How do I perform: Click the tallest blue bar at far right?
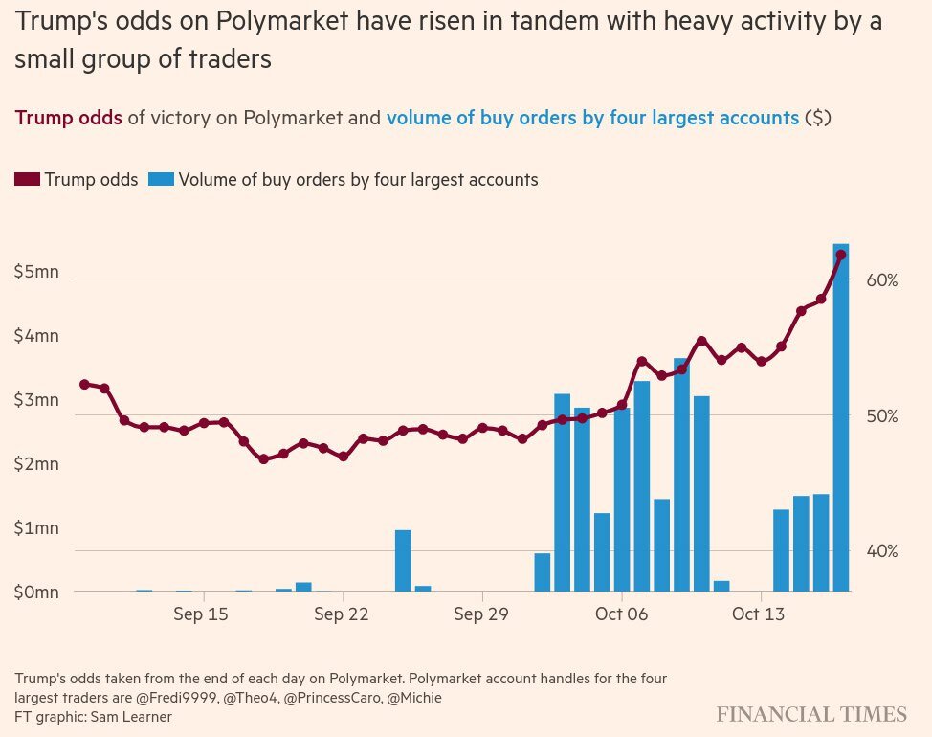pyautogui.click(x=841, y=421)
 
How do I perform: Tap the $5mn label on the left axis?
pyautogui.click(x=37, y=272)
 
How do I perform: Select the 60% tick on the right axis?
pyautogui.click(x=881, y=280)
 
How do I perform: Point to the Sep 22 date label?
pyautogui.click(x=342, y=614)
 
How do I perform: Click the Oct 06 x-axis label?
pyautogui.click(x=621, y=614)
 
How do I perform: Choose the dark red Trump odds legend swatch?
pyautogui.click(x=28, y=180)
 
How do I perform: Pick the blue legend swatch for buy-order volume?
pyautogui.click(x=161, y=180)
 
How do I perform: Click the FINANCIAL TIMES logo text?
pyautogui.click(x=811, y=714)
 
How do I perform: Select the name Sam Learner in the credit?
pyautogui.click(x=133, y=716)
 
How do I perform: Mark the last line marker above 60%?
pyautogui.click(x=841, y=255)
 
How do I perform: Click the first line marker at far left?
pyautogui.click(x=84, y=384)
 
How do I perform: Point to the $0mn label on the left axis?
pyautogui.click(x=37, y=592)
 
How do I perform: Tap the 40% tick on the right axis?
pyautogui.click(x=881, y=551)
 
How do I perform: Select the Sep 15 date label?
pyautogui.click(x=201, y=614)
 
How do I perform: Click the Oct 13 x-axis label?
pyautogui.click(x=758, y=614)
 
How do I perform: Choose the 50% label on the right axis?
pyautogui.click(x=881, y=416)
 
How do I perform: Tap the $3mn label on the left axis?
pyautogui.click(x=37, y=400)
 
